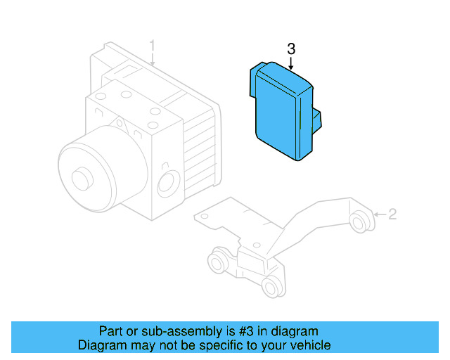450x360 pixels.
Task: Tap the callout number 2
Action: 392,214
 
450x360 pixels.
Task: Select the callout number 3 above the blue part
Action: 292,49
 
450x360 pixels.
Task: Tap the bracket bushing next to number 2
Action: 361,220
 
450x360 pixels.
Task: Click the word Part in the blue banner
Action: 111,330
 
